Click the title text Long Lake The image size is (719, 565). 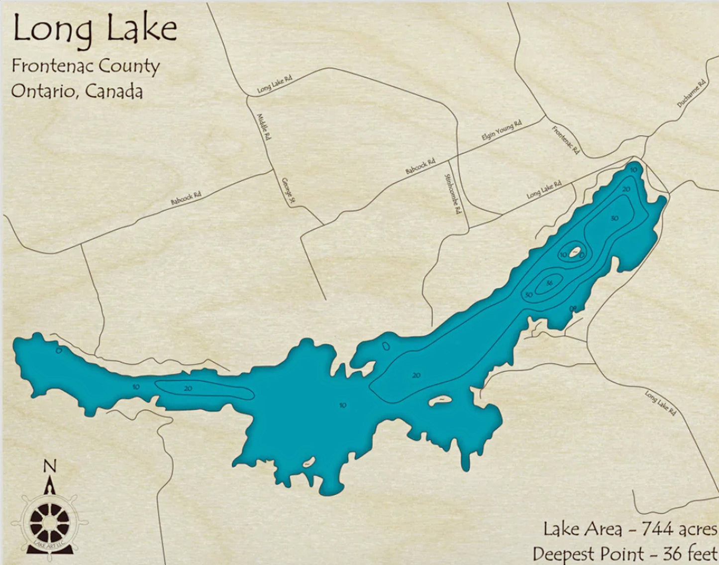[95, 29]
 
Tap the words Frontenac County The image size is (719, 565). [86, 66]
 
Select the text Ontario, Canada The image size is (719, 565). [77, 91]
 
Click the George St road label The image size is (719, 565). [288, 191]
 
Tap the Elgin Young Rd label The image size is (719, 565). [502, 130]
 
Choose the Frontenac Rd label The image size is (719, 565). [566, 140]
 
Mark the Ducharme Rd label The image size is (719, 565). [692, 94]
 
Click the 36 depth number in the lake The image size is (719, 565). [549, 283]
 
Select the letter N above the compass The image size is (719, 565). [50, 466]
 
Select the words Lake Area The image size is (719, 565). [582, 529]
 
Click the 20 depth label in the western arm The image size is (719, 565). [188, 388]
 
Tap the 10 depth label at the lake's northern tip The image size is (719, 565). [633, 170]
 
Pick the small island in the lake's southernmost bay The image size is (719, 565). [308, 463]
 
